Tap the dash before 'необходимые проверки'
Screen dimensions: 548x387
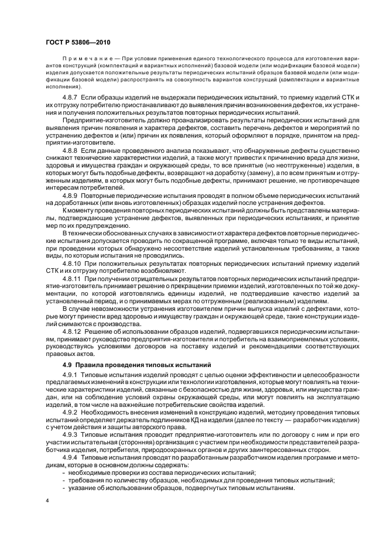(63, 472)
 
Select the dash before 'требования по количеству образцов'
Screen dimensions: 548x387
(63, 479)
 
